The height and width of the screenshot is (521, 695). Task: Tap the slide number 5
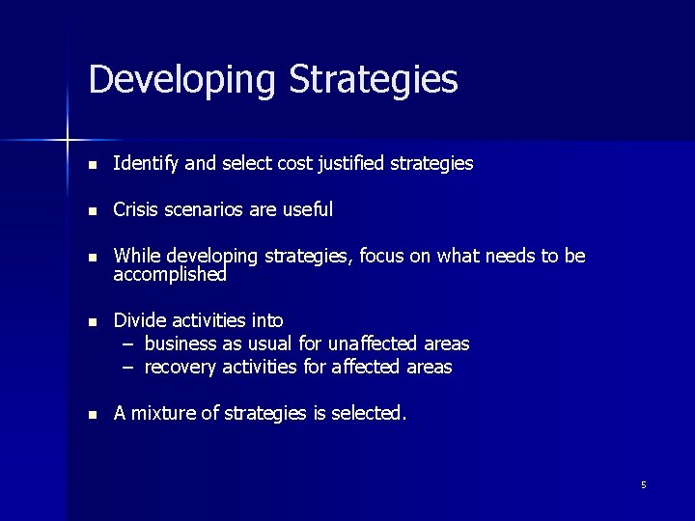(x=643, y=484)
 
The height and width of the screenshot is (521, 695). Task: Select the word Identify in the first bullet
(x=146, y=164)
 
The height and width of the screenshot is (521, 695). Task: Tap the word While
(x=137, y=256)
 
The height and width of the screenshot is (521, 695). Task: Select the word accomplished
(x=170, y=275)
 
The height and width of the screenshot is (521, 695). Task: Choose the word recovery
(x=181, y=367)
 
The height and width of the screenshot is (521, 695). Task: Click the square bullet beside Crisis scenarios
(x=92, y=210)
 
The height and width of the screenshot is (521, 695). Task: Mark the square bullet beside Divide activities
(x=92, y=321)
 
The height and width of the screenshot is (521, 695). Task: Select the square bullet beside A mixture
(x=92, y=414)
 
